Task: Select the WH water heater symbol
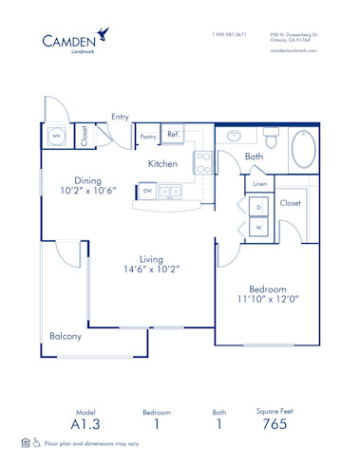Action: [56, 136]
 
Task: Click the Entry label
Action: [120, 117]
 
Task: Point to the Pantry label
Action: [147, 137]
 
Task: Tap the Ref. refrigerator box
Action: [174, 135]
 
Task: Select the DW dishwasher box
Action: [147, 191]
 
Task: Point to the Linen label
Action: [259, 183]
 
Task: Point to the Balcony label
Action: [66, 336]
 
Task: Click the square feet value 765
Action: [275, 425]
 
